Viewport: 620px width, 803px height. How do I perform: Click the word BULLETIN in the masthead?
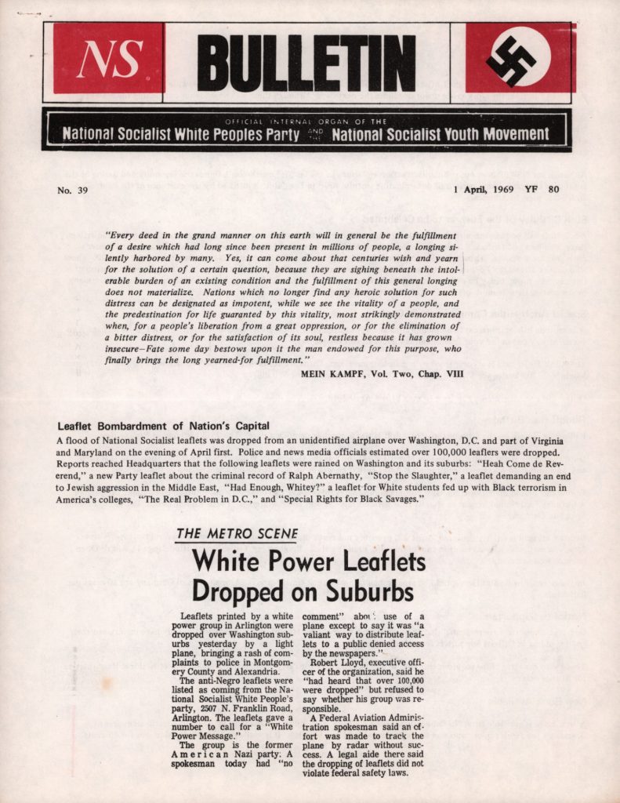click(306, 63)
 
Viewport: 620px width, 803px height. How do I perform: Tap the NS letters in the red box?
click(109, 59)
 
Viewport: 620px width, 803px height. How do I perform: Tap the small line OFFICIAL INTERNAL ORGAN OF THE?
click(306, 122)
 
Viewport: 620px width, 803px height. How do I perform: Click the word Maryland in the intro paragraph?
click(85, 453)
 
